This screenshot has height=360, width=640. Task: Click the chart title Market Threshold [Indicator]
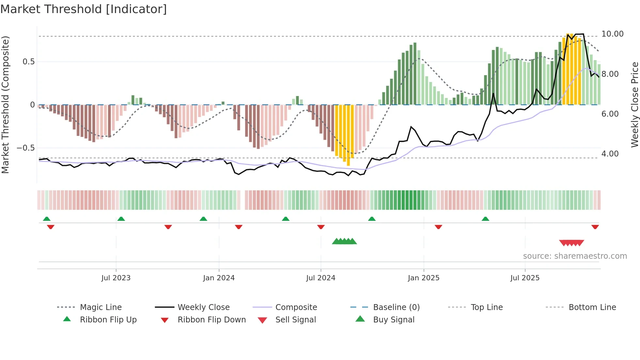pyautogui.click(x=84, y=9)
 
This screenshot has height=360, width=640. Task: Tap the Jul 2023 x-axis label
pyautogui.click(x=116, y=278)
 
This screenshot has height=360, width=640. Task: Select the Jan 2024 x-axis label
pyautogui.click(x=219, y=278)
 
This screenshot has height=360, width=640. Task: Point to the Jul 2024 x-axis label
pyautogui.click(x=321, y=278)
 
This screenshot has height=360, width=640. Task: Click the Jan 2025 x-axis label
pyautogui.click(x=424, y=278)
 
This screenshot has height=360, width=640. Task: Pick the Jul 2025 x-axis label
pyautogui.click(x=525, y=278)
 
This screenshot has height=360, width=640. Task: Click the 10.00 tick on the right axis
pyautogui.click(x=612, y=34)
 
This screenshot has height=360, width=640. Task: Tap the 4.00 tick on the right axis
pyautogui.click(x=610, y=154)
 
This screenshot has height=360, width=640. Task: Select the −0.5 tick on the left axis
pyautogui.click(x=26, y=148)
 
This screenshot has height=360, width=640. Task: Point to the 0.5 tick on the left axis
pyautogui.click(x=28, y=62)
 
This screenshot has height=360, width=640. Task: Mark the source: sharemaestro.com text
pyautogui.click(x=575, y=256)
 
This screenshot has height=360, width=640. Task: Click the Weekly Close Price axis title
pyautogui.click(x=634, y=105)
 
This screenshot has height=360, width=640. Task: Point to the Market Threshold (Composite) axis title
pyautogui.click(x=5, y=105)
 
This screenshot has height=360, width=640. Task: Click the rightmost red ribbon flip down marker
pyautogui.click(x=595, y=227)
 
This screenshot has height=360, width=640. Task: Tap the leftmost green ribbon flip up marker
pyautogui.click(x=47, y=219)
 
